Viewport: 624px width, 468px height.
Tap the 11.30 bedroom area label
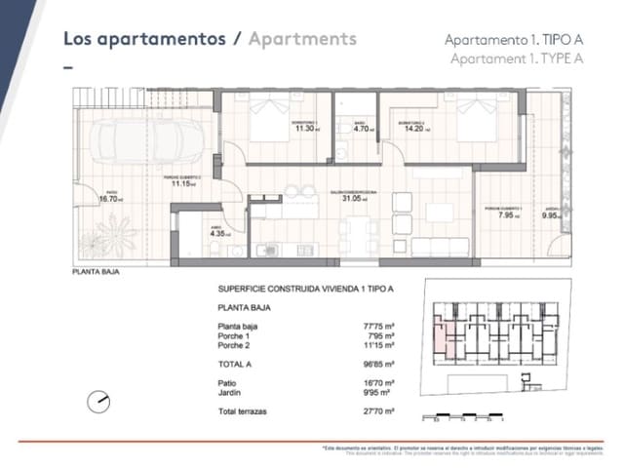tap(304, 128)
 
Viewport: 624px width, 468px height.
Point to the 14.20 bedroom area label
tap(414, 128)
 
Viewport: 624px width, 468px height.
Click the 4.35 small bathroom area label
tap(217, 233)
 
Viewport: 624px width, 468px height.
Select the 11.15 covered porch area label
tap(180, 182)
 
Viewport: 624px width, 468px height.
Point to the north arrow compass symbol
tap(99, 400)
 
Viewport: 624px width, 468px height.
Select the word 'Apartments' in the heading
tap(302, 39)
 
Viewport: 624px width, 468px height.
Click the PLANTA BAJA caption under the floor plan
tap(96, 272)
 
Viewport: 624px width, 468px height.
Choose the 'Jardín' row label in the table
tap(230, 393)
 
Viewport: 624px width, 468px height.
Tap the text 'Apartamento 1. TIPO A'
tap(513, 40)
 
